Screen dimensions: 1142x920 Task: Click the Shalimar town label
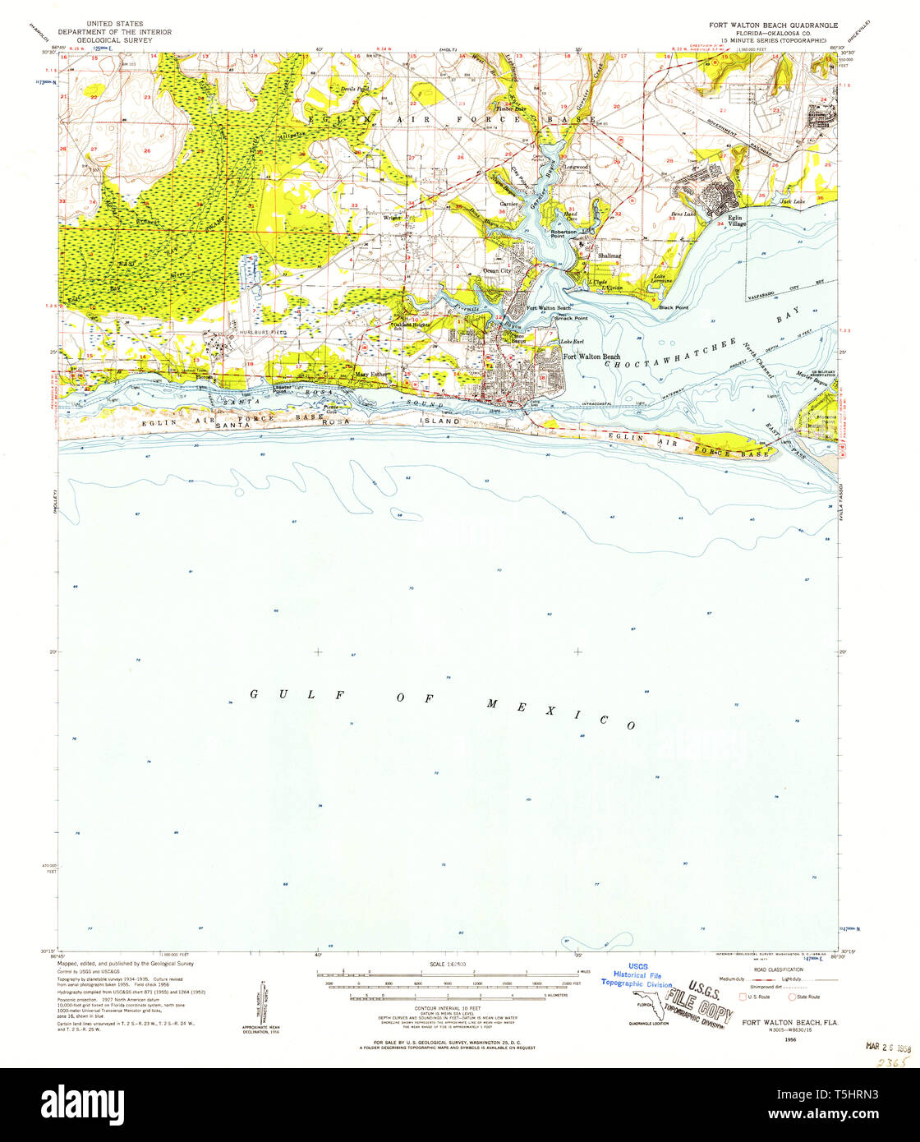[x=609, y=256]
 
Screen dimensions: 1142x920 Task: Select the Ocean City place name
[x=497, y=270]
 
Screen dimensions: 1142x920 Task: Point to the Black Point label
[x=674, y=307]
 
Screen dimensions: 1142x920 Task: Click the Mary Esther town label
[x=370, y=375]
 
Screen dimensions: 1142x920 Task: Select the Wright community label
[x=392, y=218]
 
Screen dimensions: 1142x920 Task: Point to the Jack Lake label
[x=792, y=201]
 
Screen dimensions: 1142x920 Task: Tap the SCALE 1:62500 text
[x=447, y=964]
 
